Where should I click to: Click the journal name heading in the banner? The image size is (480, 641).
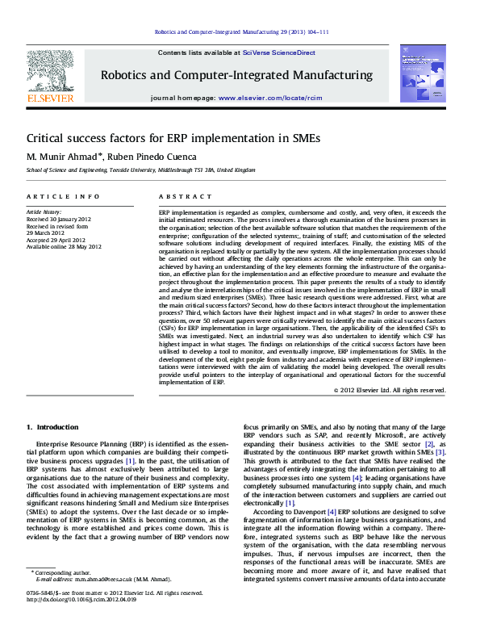coord(236,75)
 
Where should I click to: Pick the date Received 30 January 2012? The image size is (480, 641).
coord(61,219)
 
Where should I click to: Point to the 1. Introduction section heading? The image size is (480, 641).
coord(52,427)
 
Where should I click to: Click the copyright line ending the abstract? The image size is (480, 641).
coord(390,390)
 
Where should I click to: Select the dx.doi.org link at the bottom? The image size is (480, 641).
coord(89,622)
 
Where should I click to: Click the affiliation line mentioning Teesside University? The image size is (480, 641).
coord(140,171)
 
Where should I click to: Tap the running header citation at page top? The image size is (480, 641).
coord(240,32)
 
